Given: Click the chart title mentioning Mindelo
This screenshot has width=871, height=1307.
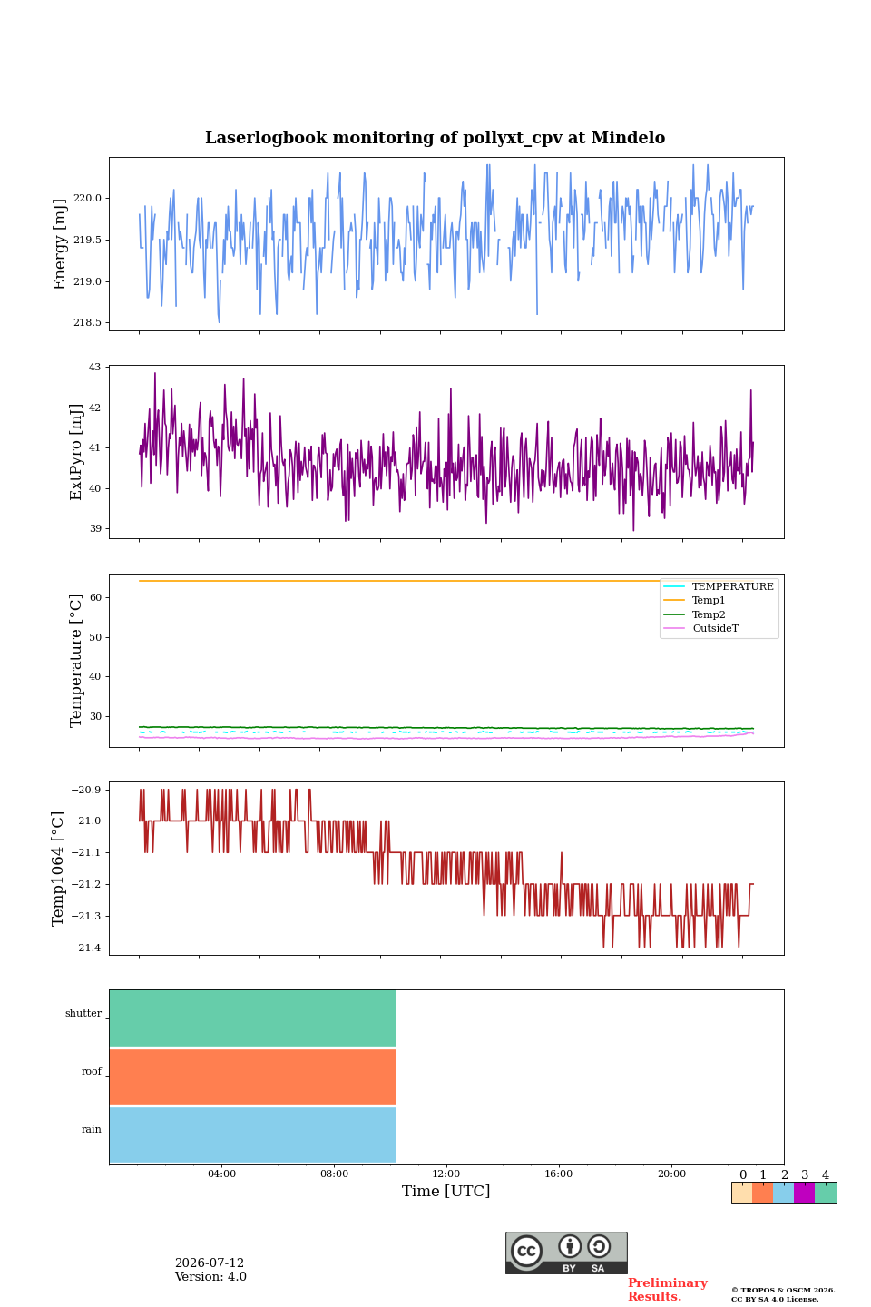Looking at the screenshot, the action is (x=435, y=138).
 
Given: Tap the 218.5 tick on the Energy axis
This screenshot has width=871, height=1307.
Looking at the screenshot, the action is (x=87, y=323).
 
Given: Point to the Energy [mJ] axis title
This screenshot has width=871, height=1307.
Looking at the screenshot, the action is (x=60, y=244).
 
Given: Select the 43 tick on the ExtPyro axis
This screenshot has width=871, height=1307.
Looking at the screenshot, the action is (x=94, y=367).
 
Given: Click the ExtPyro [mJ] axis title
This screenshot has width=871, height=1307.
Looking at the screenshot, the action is (x=76, y=452).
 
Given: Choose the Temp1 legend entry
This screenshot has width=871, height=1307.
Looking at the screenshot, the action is (x=709, y=601).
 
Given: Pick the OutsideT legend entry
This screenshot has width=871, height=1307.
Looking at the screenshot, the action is (x=715, y=628).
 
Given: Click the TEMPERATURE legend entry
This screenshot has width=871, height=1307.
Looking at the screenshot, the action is (x=732, y=586).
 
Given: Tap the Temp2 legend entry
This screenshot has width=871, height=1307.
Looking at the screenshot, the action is (x=709, y=614).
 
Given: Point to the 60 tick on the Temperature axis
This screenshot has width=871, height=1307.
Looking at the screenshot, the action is (x=95, y=597).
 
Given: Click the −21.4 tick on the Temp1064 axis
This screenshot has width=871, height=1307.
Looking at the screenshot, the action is (x=86, y=948).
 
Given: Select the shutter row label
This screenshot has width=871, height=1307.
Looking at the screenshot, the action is (x=83, y=1013).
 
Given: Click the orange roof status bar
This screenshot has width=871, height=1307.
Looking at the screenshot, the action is (x=252, y=1076).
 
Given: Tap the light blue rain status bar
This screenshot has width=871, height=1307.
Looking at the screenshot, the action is (x=252, y=1135).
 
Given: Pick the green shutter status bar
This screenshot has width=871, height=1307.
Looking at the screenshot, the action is (x=252, y=1018).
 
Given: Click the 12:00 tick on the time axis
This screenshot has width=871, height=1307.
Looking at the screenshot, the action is (x=445, y=1174).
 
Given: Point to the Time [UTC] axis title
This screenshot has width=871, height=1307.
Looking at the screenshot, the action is (x=445, y=1191).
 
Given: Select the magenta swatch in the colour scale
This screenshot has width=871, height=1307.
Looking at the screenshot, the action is (x=804, y=1192).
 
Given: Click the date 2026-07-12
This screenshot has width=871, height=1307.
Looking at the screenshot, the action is (x=210, y=1263).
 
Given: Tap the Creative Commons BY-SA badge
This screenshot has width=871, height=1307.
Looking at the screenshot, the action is (x=566, y=1253).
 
